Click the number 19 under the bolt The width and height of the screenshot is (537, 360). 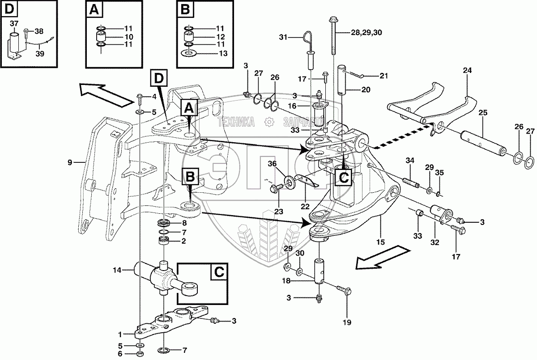347,322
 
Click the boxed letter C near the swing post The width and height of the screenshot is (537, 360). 344,178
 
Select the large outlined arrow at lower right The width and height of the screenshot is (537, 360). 381,258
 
